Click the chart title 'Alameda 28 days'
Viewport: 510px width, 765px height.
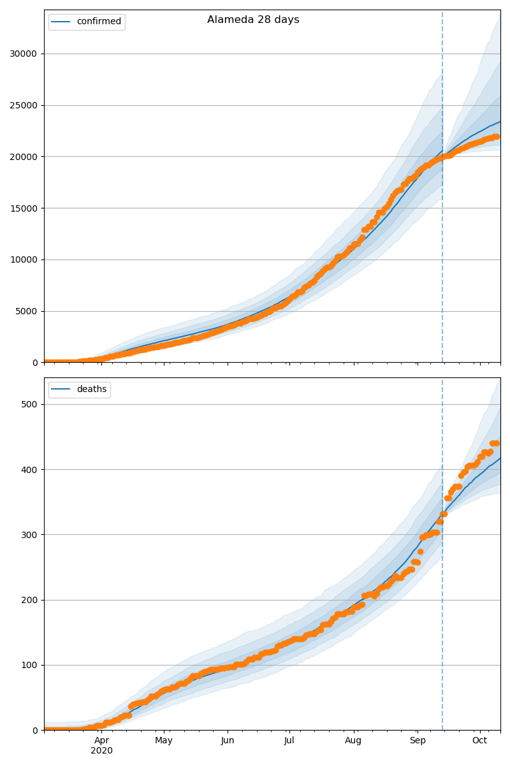253,20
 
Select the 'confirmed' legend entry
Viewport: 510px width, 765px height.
99,22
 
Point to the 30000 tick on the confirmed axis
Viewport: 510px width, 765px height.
24,54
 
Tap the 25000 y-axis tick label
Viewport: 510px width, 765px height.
24,105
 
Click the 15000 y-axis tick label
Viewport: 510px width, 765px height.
24,208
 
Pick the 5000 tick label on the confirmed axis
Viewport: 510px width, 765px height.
26,312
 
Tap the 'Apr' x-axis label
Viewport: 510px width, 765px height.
101,740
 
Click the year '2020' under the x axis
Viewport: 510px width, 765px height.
101,751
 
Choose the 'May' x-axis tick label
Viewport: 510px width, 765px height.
164,740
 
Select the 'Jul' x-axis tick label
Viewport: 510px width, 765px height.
289,740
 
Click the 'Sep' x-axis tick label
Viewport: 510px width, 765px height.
417,740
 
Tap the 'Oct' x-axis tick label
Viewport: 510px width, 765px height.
479,740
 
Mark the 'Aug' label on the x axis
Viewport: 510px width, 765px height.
353,740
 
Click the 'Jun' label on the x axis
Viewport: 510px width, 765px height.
228,740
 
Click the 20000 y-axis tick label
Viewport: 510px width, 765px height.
24,157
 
